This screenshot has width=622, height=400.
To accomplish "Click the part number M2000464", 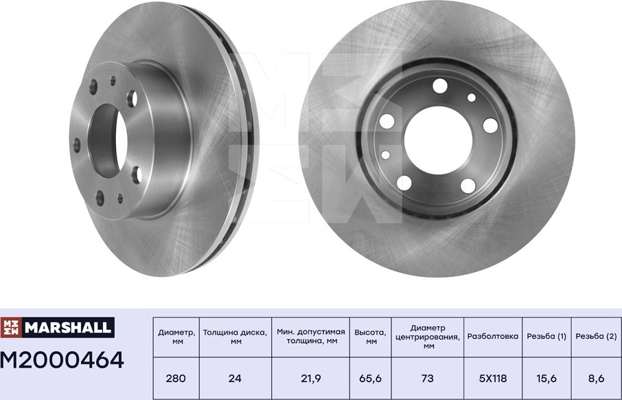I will (62, 359).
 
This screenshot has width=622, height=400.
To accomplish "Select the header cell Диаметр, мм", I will (176, 337).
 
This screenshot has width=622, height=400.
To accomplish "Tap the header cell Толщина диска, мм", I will (235, 337).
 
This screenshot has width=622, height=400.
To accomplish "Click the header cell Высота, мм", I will (371, 337).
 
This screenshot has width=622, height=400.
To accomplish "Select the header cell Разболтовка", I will (493, 337).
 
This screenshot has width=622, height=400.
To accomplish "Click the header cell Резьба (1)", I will (546, 337).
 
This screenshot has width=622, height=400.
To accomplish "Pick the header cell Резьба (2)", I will (595, 337).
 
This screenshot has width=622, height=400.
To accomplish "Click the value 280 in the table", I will (176, 378).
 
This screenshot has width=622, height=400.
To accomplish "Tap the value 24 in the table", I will (235, 378).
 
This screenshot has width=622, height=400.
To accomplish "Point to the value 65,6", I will (371, 378).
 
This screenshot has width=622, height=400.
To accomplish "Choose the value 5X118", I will (493, 378).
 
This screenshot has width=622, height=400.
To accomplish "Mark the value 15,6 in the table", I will (546, 378).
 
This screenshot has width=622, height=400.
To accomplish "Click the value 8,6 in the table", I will (595, 378).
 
